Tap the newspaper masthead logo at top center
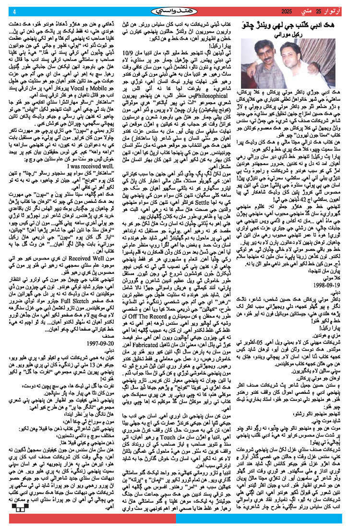[x=180, y=11]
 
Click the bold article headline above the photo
[x=299, y=28]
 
